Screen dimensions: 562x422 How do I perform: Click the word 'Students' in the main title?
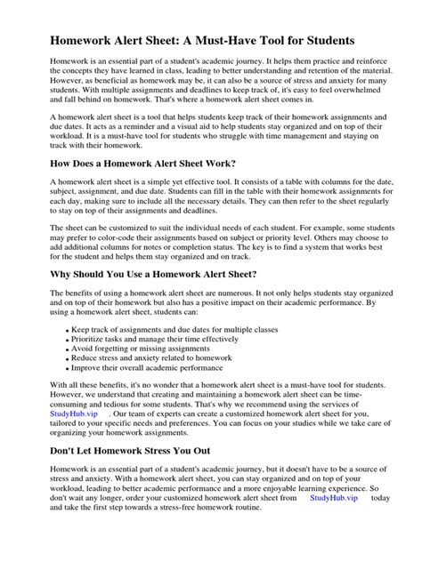pos(326,41)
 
